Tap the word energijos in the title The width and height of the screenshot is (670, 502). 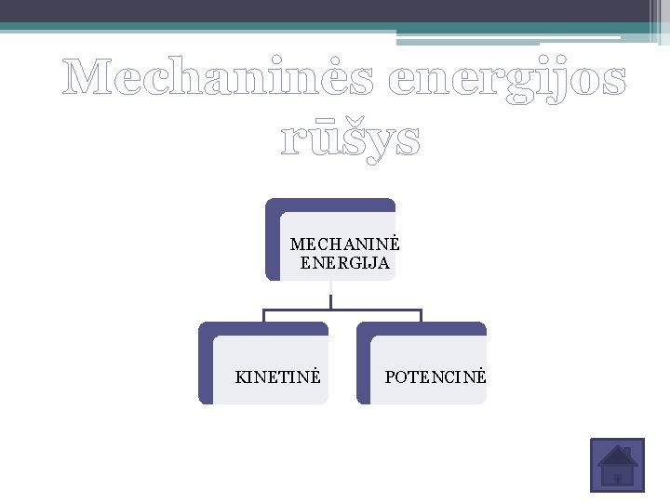pyautogui.click(x=507, y=82)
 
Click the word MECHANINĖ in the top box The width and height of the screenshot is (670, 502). pyautogui.click(x=344, y=244)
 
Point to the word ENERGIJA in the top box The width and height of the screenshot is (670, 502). pyautogui.click(x=345, y=263)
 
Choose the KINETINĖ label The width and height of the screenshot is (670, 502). pyautogui.click(x=278, y=377)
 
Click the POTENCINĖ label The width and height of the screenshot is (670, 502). pyautogui.click(x=435, y=377)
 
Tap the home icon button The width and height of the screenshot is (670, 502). pyautogui.click(x=617, y=465)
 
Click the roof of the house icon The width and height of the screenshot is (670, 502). pyautogui.click(x=617, y=456)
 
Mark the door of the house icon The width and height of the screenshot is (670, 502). pyautogui.click(x=617, y=478)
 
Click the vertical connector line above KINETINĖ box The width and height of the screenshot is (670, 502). pyautogui.click(x=263, y=316)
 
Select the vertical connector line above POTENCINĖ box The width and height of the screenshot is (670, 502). pyautogui.click(x=422, y=316)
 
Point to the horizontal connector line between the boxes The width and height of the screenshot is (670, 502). pyautogui.click(x=342, y=310)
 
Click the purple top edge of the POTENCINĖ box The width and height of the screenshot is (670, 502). pyautogui.click(x=423, y=328)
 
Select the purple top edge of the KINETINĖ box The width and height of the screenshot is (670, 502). pyautogui.click(x=265, y=328)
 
